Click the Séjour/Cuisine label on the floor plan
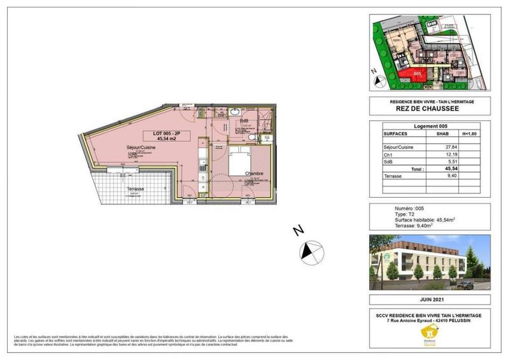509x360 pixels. click(x=141, y=148)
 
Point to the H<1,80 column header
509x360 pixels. click(x=469, y=134)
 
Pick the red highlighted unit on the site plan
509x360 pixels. click(x=414, y=77)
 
